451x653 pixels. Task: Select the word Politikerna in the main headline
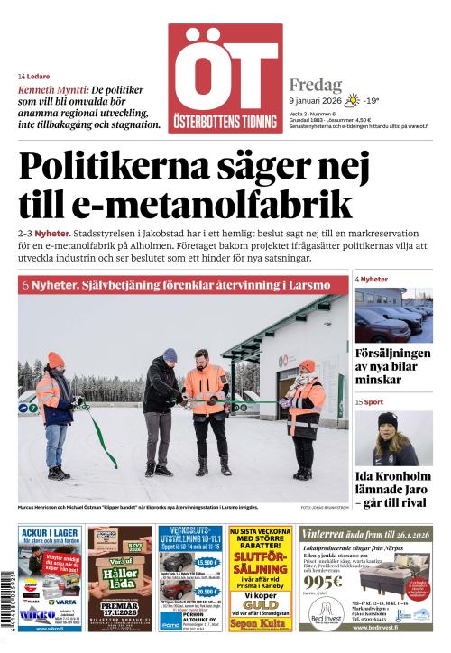(123, 168)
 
